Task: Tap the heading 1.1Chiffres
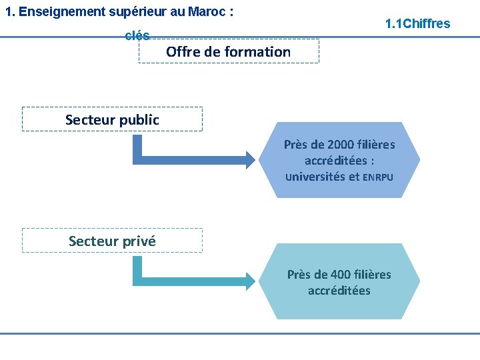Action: pos(418,24)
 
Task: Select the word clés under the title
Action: pos(137,35)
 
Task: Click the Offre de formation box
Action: pos(229,51)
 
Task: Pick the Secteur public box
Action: pos(112,119)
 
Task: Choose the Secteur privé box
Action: pos(112,241)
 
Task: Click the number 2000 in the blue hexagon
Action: pos(341,145)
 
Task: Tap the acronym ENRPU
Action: pos(378,177)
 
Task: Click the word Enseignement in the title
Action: pos(63,12)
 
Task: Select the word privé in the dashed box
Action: pos(139,241)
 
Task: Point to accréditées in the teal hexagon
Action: pos(339,291)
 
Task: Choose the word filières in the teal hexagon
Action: pos(373,275)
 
